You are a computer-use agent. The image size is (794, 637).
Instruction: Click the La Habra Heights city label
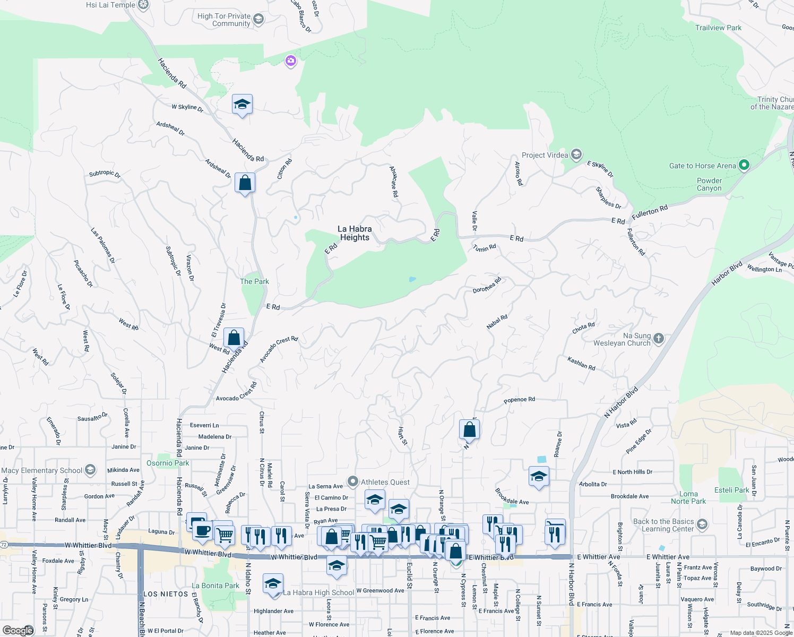pos(355,233)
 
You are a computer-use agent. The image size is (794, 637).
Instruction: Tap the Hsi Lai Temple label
pos(110,5)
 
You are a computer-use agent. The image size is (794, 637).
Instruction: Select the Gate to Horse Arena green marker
pos(744,165)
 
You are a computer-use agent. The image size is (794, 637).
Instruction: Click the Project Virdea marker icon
pos(576,154)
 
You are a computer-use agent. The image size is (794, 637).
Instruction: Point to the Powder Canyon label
pos(709,184)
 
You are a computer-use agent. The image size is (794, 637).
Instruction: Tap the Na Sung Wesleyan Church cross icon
pos(658,339)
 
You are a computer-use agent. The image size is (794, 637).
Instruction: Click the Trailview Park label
pos(718,28)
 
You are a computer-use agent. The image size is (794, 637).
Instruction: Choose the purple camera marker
pos(290,61)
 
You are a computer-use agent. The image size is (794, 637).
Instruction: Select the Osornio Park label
pos(168,463)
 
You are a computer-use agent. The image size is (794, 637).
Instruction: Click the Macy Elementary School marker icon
pos(90,470)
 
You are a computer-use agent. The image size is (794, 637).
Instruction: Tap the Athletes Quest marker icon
pos(353,481)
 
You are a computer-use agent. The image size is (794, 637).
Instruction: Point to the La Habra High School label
pos(318,592)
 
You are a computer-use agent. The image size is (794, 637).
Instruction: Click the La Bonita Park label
pos(215,586)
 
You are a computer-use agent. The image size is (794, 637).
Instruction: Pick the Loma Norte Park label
pos(688,497)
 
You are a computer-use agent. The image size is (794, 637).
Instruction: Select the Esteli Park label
pos(731,490)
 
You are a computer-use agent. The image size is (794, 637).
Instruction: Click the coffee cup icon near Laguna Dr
pos(202,531)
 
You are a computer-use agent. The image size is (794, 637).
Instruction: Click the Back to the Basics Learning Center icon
pos(702,525)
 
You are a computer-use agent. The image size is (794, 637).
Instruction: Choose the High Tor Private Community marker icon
pos(258,20)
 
